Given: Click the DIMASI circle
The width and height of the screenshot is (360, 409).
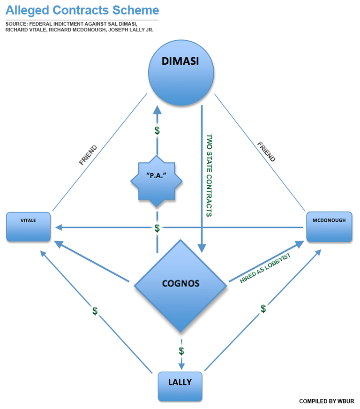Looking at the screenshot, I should point(181,74).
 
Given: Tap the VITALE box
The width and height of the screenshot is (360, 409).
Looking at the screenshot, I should point(28,227).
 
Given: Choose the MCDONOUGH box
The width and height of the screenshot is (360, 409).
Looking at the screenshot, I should point(329,227).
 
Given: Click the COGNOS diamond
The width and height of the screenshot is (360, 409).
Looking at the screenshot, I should point(180,284).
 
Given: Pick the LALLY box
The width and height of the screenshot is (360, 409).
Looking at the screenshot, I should point(180,386).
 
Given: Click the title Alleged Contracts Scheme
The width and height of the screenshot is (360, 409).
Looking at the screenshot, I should point(82,10).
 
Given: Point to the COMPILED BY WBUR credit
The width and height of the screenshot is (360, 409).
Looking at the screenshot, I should point(327,401).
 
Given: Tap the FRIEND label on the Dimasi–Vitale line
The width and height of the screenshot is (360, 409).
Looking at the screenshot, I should point(88,155).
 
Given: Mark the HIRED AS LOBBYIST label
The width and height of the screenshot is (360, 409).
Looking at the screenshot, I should point(265,268).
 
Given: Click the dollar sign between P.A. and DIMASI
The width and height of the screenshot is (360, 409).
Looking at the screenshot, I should point(157,131).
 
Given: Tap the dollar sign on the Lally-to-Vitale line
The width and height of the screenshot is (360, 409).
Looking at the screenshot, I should point(95,311).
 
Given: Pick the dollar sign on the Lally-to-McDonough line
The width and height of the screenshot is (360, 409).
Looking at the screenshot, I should point(263,308).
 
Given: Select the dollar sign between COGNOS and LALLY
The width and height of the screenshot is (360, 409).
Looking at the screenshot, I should point(181,351).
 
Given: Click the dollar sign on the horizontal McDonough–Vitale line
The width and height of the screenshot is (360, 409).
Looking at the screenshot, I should point(157,228).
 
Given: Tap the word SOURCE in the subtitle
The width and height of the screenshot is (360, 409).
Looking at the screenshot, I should point(16,23).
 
